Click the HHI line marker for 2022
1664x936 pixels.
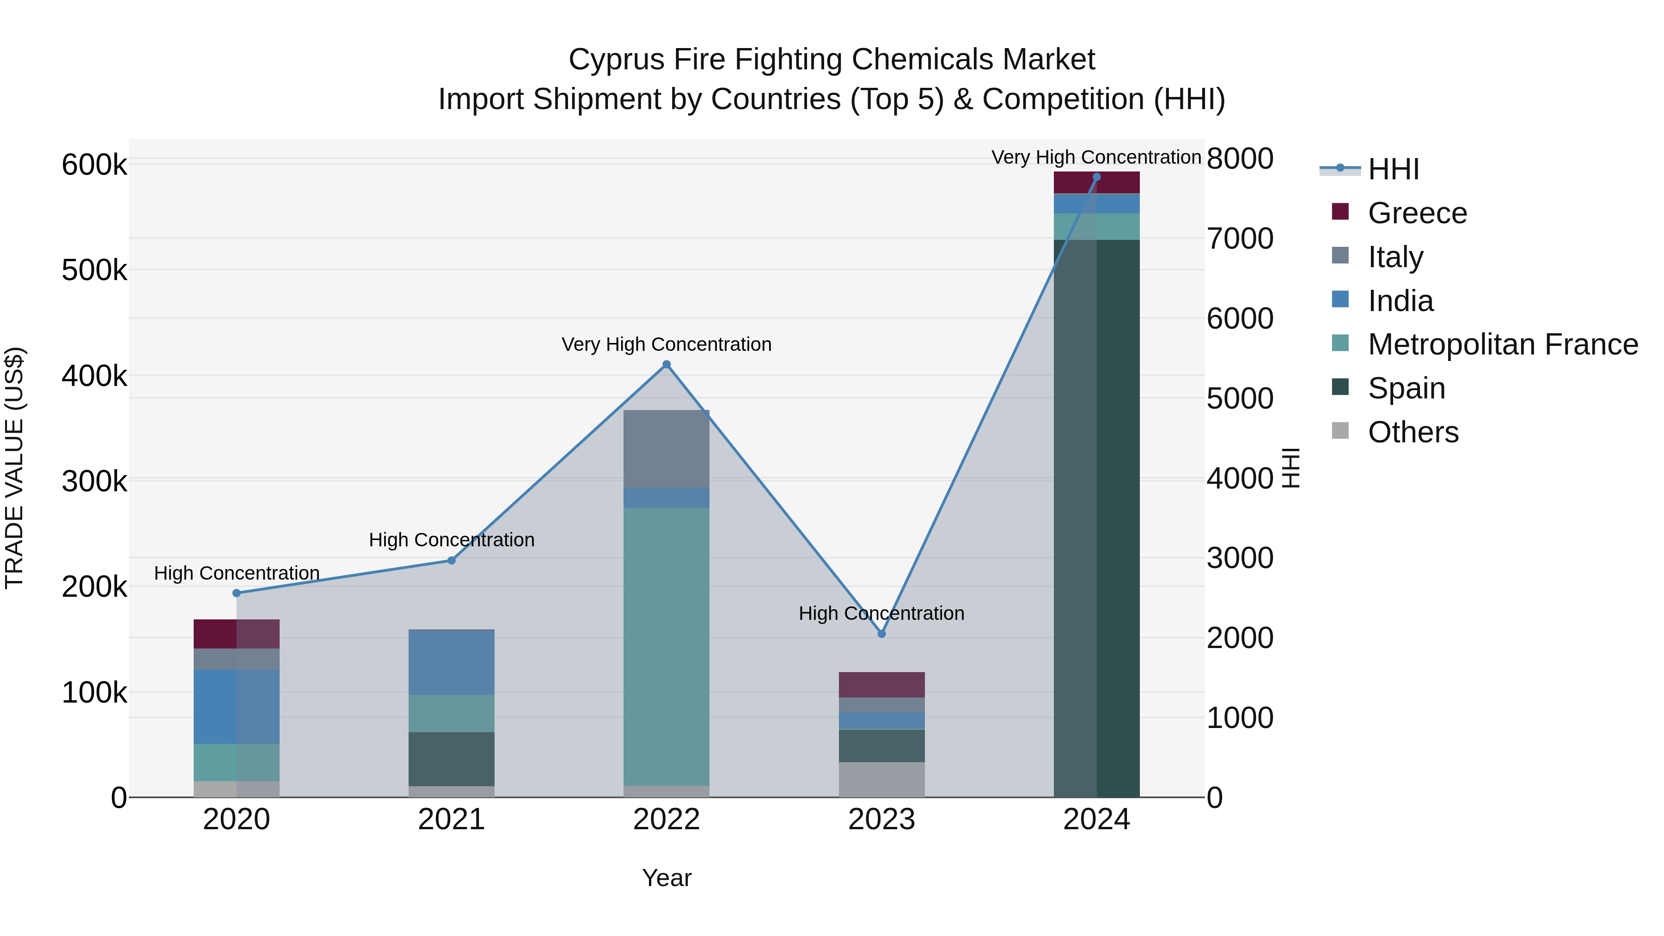click(667, 364)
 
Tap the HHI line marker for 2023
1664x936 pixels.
click(882, 634)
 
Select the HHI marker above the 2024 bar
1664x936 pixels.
click(1096, 177)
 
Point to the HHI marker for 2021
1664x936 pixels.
click(452, 561)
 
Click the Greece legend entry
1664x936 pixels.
click(1417, 213)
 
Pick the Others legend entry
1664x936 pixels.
click(1413, 432)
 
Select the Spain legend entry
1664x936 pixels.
click(1406, 388)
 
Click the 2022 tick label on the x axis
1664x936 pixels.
click(667, 820)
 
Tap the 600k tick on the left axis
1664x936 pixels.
click(94, 165)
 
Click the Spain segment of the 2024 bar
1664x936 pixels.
click(1096, 517)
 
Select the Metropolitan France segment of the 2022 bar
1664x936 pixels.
click(667, 646)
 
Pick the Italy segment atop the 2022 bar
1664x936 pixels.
click(667, 448)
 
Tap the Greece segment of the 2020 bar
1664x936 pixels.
click(236, 634)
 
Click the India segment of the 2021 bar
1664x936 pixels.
click(452, 662)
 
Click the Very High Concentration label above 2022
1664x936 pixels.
click(667, 344)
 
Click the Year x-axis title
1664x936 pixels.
click(667, 878)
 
